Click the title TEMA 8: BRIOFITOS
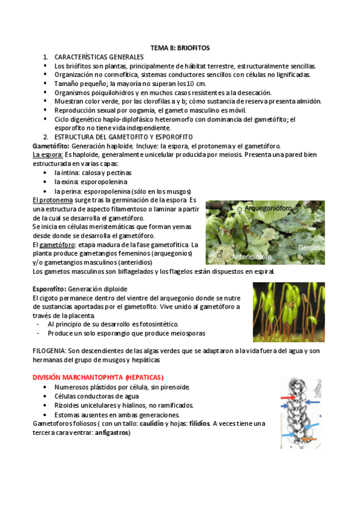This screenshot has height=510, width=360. coord(180,48)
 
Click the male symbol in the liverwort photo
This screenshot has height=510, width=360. coord(221,255)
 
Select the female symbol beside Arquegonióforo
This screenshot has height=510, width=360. coord(241,210)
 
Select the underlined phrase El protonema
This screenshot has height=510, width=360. coord(51,200)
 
